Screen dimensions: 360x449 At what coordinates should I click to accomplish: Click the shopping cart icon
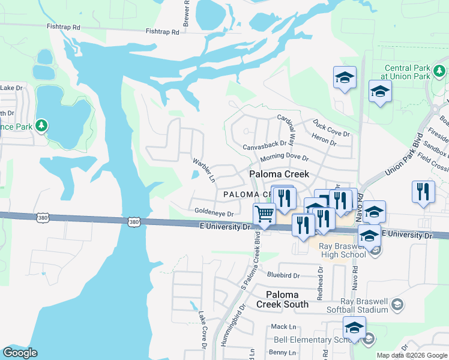(264, 214)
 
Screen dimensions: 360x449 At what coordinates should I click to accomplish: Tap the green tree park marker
(41, 125)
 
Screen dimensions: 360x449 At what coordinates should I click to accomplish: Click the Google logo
(20, 353)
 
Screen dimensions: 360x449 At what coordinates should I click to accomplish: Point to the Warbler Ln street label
(203, 170)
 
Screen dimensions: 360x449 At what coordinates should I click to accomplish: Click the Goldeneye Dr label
(214, 211)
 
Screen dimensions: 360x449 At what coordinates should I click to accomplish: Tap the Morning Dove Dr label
(284, 158)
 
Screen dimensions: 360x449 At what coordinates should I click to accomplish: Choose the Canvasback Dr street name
(265, 145)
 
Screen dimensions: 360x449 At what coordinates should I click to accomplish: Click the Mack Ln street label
(284, 326)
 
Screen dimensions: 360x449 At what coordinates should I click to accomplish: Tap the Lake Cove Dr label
(202, 331)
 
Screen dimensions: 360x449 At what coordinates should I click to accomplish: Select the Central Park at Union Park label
(408, 73)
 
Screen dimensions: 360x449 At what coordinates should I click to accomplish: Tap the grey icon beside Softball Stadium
(397, 306)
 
